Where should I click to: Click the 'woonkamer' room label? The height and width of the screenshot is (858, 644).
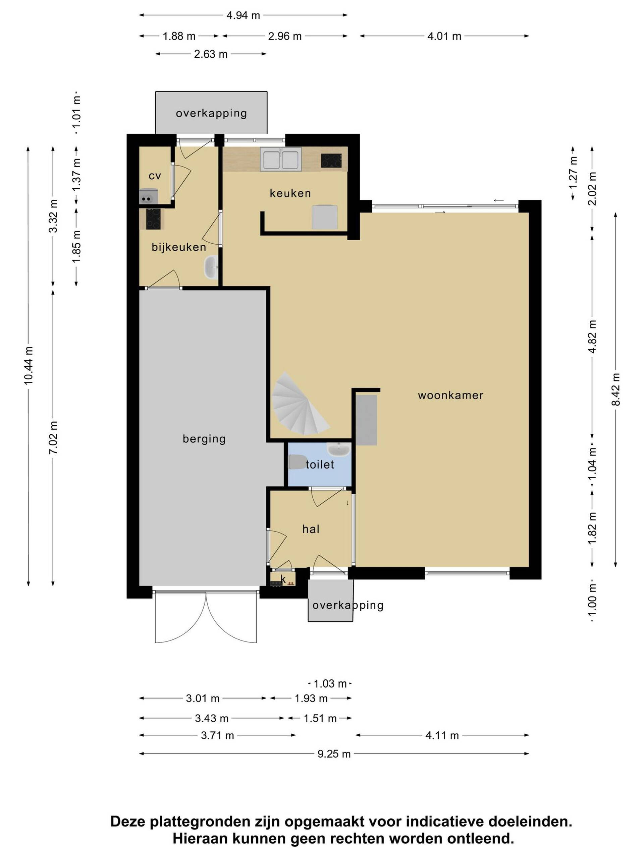point(450,395)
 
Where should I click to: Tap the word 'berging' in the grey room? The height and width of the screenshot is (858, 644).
point(204,439)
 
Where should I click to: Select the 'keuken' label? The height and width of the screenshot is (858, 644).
point(290,193)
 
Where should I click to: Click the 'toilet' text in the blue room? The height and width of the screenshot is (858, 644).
point(320,464)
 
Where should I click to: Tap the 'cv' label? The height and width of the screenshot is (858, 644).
point(155,176)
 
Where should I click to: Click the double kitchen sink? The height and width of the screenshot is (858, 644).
point(281,159)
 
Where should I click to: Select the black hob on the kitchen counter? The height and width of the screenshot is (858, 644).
point(331,161)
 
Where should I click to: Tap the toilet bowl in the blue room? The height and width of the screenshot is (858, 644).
point(297,462)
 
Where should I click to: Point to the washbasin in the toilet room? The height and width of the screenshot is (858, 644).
point(338,449)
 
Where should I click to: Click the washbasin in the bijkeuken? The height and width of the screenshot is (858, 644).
point(211,267)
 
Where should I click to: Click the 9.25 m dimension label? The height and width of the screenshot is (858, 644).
point(334,754)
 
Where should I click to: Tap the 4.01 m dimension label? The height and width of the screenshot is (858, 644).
point(444,37)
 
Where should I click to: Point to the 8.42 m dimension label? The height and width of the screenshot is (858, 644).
point(616,389)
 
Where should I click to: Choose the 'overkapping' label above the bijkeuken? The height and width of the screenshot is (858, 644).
point(211,113)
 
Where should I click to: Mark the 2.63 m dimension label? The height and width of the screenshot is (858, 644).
point(211,54)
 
